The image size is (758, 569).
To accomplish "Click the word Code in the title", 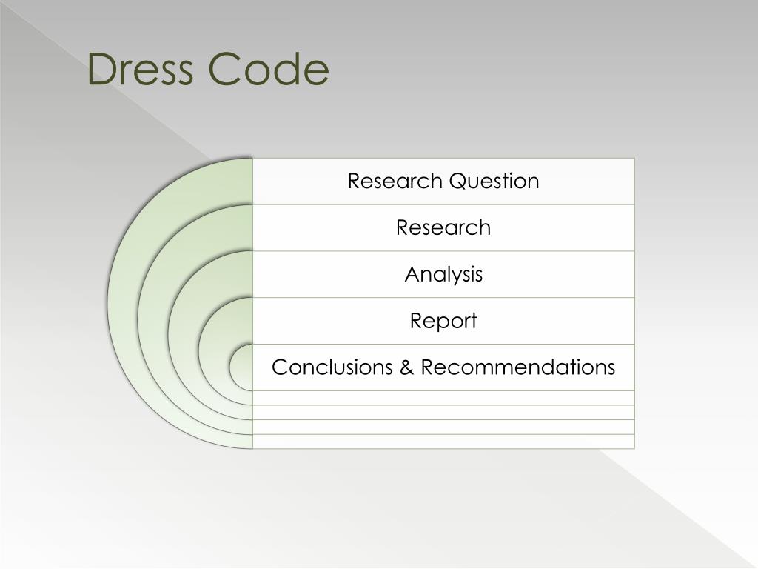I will click(x=269, y=70).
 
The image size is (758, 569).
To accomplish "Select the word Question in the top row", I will click(x=492, y=182).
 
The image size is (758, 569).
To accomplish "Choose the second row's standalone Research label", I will click(x=443, y=227).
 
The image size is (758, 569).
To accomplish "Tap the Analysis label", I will click(x=443, y=275).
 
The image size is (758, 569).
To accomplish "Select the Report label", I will click(x=443, y=321).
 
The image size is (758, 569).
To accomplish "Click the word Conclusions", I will click(x=333, y=367).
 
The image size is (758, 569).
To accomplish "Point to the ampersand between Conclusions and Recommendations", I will click(x=408, y=367).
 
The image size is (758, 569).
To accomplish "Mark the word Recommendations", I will click(x=518, y=367).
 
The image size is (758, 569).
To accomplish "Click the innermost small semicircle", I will click(x=241, y=367).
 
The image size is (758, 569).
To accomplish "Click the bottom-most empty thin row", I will click(x=443, y=442).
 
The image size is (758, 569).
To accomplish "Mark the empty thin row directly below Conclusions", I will click(x=443, y=398).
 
